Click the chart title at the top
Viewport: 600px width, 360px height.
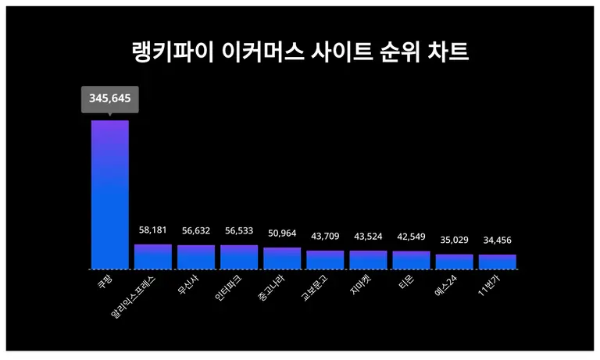coord(300,53)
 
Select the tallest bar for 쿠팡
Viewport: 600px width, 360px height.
coord(110,194)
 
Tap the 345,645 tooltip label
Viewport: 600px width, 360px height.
coord(110,99)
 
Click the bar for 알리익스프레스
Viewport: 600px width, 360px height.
coord(153,257)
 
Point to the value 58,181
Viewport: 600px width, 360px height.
coord(153,231)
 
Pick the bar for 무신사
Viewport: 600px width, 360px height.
coord(196,257)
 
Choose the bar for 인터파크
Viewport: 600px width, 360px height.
coord(239,257)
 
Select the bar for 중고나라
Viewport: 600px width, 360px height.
coord(282,258)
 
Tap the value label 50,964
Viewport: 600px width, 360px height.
coord(282,234)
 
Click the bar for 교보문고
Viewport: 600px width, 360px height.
coord(325,260)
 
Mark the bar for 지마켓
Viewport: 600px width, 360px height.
coord(368,260)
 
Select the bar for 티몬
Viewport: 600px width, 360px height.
coord(411,260)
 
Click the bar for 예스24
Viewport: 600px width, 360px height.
coord(455,262)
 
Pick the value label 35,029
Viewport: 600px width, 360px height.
coord(455,241)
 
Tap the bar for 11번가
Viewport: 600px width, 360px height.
coord(498,262)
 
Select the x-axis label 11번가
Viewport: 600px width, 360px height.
coord(489,285)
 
